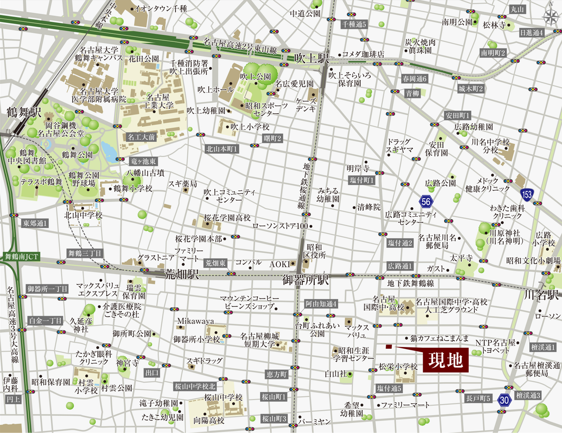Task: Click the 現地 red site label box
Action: coord(445,360)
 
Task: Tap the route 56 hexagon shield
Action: coord(426,202)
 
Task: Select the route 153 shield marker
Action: coord(527,194)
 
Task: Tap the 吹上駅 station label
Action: coord(311,58)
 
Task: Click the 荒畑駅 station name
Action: coord(182,274)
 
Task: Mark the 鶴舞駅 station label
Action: coord(24,112)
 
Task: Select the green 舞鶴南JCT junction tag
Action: coord(22,256)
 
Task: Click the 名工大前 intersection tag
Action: coord(141,137)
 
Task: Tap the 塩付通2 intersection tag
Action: coord(400,243)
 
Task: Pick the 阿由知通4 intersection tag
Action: coord(321,304)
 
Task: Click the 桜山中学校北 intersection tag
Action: coord(195,386)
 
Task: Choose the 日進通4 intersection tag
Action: coord(531,33)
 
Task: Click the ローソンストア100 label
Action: coord(280,226)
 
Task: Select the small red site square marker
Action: coord(388,346)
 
